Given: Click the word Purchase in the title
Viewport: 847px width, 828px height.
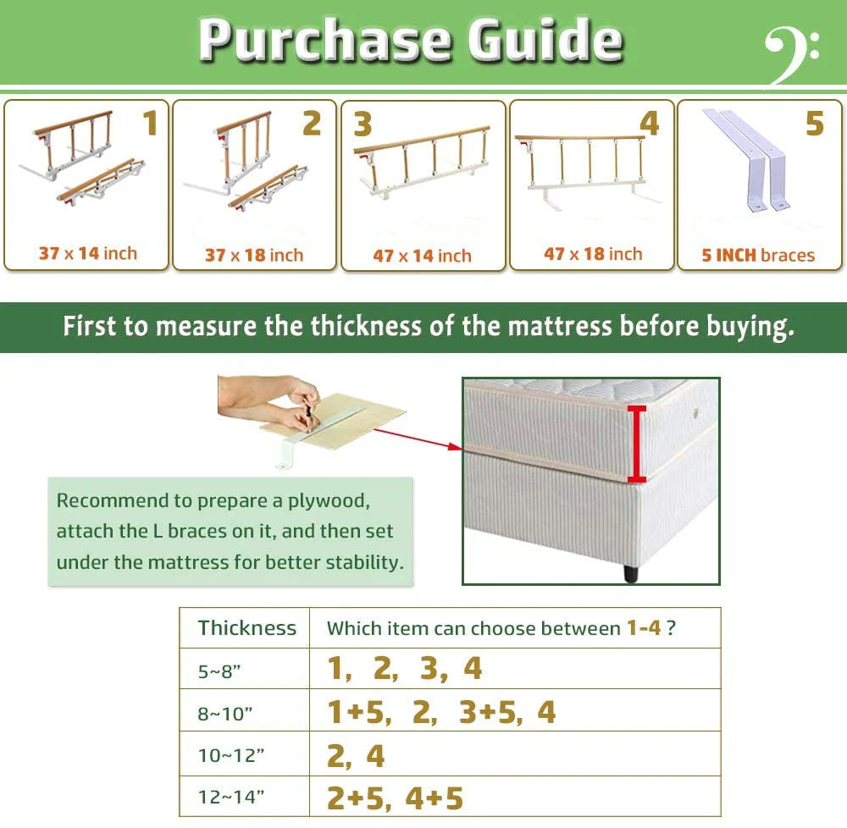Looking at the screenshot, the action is click(325, 41).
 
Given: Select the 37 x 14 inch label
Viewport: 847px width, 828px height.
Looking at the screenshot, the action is click(88, 253).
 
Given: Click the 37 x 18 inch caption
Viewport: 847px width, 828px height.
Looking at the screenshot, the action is click(254, 255).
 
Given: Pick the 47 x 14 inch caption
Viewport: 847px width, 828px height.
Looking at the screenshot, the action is click(422, 256).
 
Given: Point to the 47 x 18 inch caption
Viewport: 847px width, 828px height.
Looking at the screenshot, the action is click(593, 254).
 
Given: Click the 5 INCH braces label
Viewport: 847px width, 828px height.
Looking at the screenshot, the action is click(758, 255).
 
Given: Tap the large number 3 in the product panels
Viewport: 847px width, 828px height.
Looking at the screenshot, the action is click(363, 124).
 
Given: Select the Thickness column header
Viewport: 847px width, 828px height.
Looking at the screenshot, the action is click(246, 627).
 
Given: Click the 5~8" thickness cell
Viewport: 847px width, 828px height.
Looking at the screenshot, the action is click(219, 671).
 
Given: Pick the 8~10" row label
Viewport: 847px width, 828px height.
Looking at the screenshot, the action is click(224, 714).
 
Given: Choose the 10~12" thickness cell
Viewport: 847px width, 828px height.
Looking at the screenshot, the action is click(230, 755).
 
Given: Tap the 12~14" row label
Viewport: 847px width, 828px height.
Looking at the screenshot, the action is click(230, 797).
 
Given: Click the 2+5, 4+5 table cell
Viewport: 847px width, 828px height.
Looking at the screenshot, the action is click(395, 798).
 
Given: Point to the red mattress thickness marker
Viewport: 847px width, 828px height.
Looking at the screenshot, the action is click(637, 444).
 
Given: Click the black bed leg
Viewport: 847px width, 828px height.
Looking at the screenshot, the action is click(631, 573).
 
